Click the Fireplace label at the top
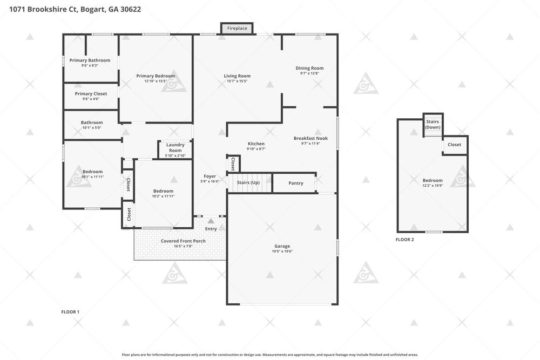[237, 28]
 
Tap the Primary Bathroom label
[90, 60]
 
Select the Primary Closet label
[91, 93]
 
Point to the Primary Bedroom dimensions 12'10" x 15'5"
[156, 81]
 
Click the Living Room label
[237, 76]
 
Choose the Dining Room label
[309, 68]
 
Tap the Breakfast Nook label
[310, 138]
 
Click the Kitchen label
[256, 144]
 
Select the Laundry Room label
[175, 148]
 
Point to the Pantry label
[296, 183]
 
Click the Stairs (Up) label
[248, 182]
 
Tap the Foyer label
[210, 176]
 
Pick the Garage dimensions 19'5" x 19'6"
[282, 251]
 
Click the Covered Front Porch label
[183, 241]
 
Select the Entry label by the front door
[211, 229]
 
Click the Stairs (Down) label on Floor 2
[433, 124]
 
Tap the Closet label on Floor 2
[454, 145]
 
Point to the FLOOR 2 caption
[404, 240]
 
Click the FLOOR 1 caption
[70, 312]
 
